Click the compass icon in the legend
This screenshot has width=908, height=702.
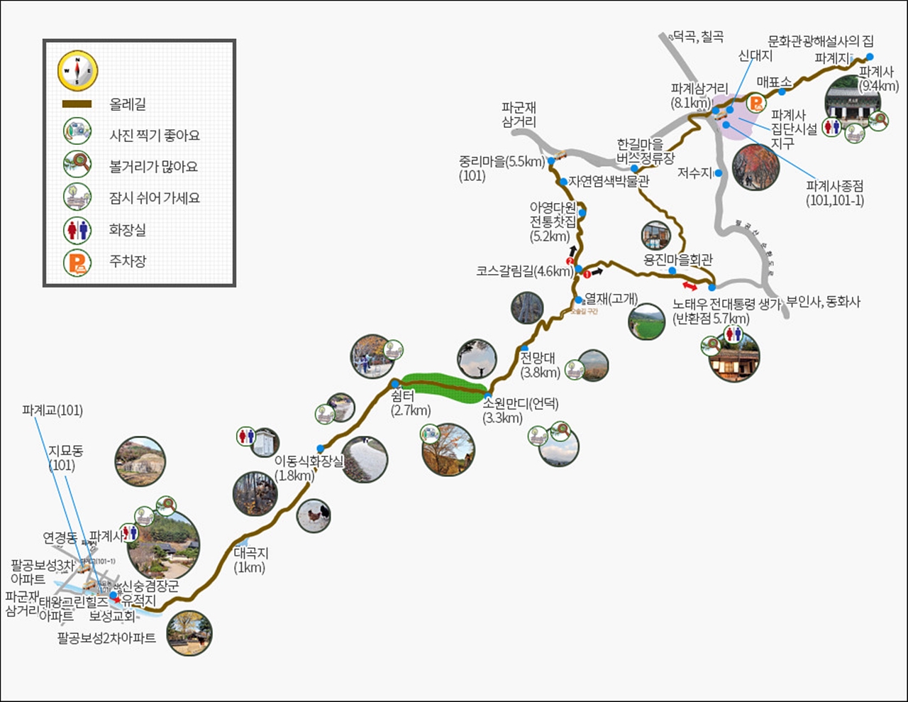click(77, 71)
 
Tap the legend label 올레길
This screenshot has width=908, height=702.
click(128, 104)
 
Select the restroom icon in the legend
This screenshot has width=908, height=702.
click(77, 230)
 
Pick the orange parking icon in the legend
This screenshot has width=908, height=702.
click(77, 262)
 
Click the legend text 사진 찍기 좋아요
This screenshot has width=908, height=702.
click(154, 136)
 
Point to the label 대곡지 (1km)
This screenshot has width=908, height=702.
click(250, 560)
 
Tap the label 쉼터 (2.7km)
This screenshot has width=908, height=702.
click(409, 403)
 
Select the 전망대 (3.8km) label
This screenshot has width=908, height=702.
click(539, 364)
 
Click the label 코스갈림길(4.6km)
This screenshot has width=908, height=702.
click(524, 271)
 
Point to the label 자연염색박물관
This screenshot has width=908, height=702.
click(609, 182)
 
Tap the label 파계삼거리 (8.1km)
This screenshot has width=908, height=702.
click(699, 96)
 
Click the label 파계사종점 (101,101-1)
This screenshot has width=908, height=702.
click(834, 193)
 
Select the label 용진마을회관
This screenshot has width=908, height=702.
click(677, 260)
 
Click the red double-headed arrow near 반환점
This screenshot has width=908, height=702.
click(690, 285)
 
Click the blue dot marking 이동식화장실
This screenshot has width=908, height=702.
click(321, 448)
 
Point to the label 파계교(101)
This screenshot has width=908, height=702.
click(52, 410)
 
